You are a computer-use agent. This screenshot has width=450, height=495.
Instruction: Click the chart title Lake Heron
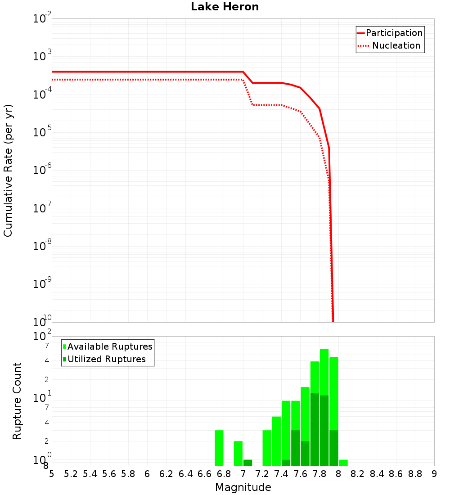(x=225, y=7)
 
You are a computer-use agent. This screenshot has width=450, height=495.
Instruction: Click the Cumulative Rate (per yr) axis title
(x=8, y=171)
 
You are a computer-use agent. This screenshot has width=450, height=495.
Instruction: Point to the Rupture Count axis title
(x=17, y=401)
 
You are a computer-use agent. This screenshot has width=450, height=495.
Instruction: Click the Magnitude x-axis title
(x=243, y=487)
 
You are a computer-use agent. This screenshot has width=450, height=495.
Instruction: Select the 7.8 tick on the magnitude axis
(x=319, y=474)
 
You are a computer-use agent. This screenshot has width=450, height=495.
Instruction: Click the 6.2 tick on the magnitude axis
(x=166, y=474)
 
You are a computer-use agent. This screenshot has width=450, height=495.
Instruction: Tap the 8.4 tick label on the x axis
(x=377, y=474)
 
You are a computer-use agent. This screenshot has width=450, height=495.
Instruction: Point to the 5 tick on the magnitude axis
(x=52, y=474)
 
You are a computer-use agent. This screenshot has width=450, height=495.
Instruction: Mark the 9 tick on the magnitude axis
(x=434, y=474)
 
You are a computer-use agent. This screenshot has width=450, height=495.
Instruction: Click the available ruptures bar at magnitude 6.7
(x=219, y=448)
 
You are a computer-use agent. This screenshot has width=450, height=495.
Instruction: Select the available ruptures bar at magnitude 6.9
(x=238, y=454)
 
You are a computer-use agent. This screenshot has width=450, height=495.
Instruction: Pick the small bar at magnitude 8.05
(x=343, y=463)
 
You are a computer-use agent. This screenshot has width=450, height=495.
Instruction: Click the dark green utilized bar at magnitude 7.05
(x=247, y=463)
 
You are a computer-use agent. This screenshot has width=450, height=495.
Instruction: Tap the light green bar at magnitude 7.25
(x=267, y=448)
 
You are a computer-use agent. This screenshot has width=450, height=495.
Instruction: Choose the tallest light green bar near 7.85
(x=324, y=369)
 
